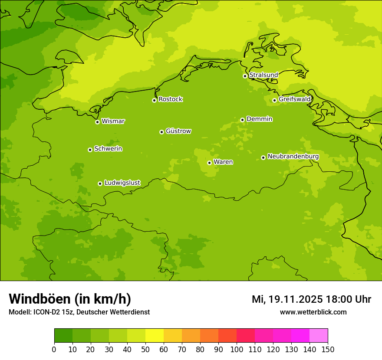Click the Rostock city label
tap(170, 99)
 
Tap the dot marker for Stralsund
tap(245, 76)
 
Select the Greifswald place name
tap(294, 99)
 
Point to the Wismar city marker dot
tap(97, 122)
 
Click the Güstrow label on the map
tap(178, 131)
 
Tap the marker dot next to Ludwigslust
tap(100, 183)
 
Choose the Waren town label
tap(223, 162)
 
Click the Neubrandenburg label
tap(293, 156)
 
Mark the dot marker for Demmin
tap(242, 120)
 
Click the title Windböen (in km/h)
tap(70, 299)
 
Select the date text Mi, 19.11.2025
tap(287, 299)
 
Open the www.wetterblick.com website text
tap(313, 312)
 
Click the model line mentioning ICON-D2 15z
tap(79, 312)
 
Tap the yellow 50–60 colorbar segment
tap(155, 336)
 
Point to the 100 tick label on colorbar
tap(237, 349)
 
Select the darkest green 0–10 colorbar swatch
tap(63, 336)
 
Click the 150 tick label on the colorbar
tap(328, 349)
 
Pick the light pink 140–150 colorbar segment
tap(319, 336)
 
